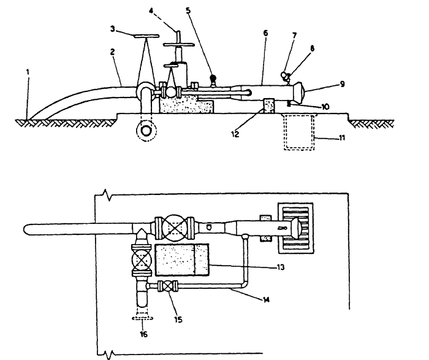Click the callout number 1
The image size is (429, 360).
pos(28,72)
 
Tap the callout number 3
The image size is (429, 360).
pos(112,29)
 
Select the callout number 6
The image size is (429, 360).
pos(265,33)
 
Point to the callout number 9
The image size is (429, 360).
pos(342,84)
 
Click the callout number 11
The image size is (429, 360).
pos(342,138)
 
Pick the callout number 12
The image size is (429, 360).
pos(235,134)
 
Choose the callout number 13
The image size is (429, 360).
pos(281,267)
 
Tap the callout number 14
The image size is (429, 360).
pos(266,300)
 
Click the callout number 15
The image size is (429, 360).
pos(178,320)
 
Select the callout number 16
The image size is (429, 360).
pos(143,334)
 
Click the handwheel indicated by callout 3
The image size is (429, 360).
pos(146,36)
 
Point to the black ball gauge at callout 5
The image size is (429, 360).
pos(213,79)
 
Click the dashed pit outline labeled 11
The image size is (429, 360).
pos(299,132)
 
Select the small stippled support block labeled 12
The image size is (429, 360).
pos(268,105)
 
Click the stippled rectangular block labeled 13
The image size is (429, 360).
pos(181,260)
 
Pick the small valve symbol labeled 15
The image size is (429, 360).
pos(168,286)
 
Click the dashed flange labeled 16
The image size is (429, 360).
pos(142,318)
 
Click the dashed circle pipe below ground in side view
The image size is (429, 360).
pos(146,131)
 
